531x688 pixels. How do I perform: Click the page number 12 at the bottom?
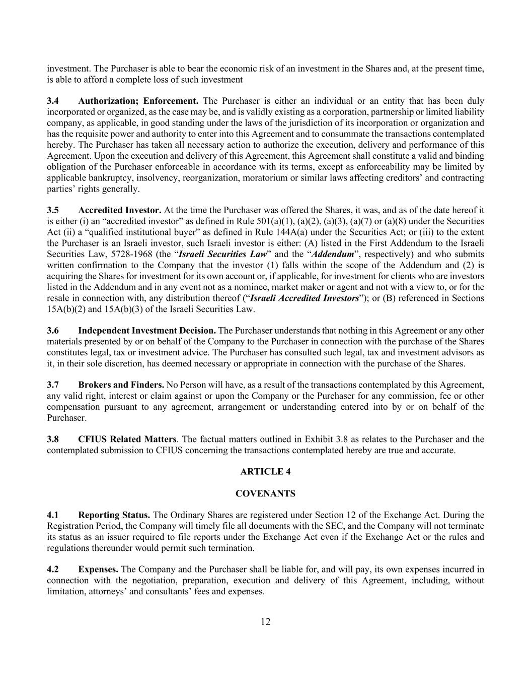click(265, 621)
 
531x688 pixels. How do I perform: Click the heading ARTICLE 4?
click(265, 472)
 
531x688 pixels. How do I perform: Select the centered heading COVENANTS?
click(265, 494)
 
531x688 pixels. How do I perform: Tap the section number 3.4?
click(53, 101)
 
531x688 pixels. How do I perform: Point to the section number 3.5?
click(53, 210)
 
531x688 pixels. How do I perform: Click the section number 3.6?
click(53, 331)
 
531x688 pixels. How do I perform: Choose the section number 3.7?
click(53, 385)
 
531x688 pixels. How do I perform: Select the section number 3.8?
click(53, 439)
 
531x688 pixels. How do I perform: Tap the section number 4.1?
click(53, 515)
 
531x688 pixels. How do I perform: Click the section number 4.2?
click(53, 570)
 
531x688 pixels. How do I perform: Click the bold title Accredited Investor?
click(120, 210)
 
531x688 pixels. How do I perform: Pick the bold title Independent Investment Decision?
click(147, 331)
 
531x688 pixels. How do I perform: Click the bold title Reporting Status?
click(114, 515)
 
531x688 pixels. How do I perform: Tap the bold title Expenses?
click(98, 570)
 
